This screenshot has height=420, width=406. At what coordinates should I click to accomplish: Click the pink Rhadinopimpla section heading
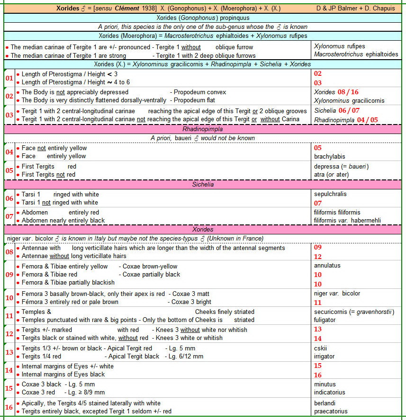(x=202, y=129)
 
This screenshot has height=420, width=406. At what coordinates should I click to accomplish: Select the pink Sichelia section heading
(x=202, y=184)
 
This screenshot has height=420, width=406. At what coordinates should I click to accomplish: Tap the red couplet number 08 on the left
(x=9, y=252)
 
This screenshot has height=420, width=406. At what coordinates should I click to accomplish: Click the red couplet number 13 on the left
(x=9, y=352)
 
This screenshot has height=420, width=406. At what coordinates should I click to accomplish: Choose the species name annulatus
(x=327, y=266)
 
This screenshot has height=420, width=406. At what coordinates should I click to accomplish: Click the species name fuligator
(x=325, y=320)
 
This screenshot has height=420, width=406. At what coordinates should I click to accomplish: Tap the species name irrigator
(x=325, y=357)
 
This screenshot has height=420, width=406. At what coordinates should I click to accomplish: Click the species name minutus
(x=325, y=384)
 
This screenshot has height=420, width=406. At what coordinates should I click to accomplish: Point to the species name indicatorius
(x=329, y=393)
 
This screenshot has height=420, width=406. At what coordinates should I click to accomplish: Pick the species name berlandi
(x=325, y=403)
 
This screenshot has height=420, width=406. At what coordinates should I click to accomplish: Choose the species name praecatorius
(x=331, y=411)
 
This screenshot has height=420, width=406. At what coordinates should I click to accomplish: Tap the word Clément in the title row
(x=128, y=9)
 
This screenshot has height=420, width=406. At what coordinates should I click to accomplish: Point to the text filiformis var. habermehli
(x=347, y=221)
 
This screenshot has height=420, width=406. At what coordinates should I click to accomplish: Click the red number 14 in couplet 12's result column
(x=317, y=339)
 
